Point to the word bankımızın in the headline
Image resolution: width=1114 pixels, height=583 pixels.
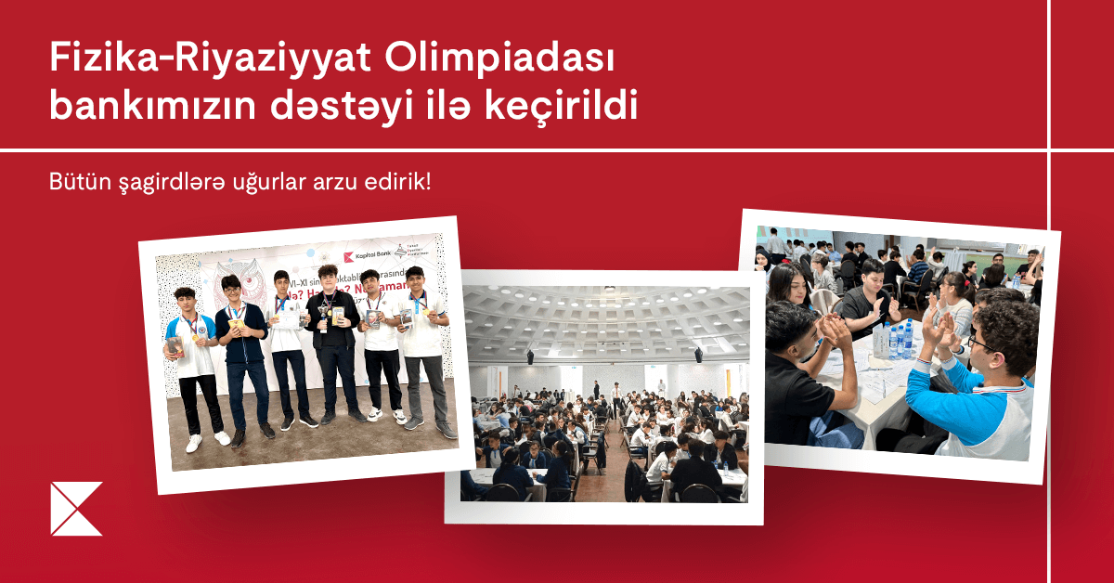coord(149,108)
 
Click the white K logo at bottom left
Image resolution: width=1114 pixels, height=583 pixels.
coord(76,509)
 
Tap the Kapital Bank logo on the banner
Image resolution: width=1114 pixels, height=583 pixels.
coord(364,256)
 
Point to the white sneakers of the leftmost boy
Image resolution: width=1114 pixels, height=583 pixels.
coord(206,440)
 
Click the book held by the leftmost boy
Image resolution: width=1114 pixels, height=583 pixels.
coord(175,345)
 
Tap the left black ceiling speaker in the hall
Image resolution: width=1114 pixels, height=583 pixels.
coord(529,356)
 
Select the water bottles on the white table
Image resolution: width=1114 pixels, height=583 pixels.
coord(899,341)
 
